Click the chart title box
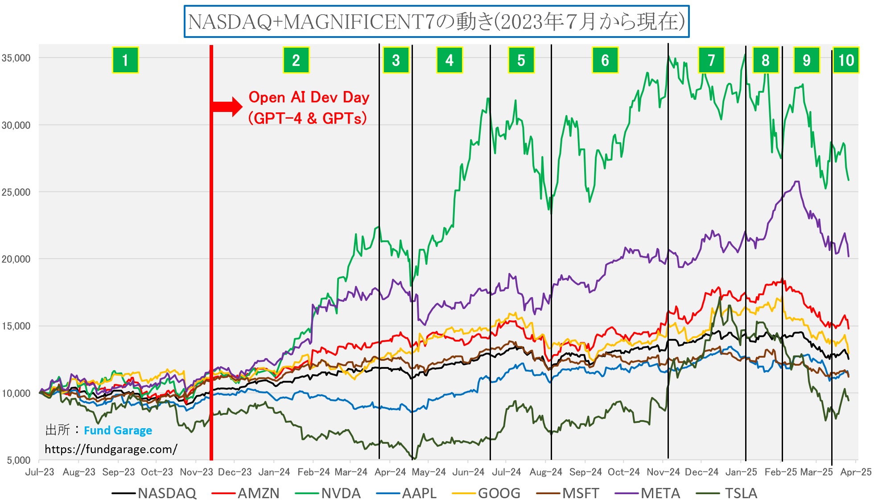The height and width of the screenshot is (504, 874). click(x=437, y=21)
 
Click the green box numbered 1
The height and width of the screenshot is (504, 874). click(x=125, y=60)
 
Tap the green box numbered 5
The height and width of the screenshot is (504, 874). click(x=521, y=60)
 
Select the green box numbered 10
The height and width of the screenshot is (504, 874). click(x=846, y=60)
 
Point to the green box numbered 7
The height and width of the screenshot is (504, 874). click(x=711, y=60)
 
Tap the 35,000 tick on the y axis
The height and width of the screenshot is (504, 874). click(x=16, y=58)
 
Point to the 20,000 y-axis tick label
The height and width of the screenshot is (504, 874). click(x=16, y=259)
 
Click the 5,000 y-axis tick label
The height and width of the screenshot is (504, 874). click(x=19, y=460)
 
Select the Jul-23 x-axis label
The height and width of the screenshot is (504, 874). click(x=40, y=472)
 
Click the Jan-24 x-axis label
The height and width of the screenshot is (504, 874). click(x=274, y=472)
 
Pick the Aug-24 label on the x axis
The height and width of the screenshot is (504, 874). click(x=546, y=472)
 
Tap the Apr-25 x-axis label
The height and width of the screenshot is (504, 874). click(x=856, y=472)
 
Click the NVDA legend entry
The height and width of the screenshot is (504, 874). click(x=341, y=493)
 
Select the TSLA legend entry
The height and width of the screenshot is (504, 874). click(x=741, y=493)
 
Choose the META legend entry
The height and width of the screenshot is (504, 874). click(x=660, y=493)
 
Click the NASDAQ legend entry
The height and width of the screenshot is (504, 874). click(x=167, y=493)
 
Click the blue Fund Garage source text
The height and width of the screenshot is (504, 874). click(x=118, y=430)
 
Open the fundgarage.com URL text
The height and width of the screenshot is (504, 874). click(x=111, y=449)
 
